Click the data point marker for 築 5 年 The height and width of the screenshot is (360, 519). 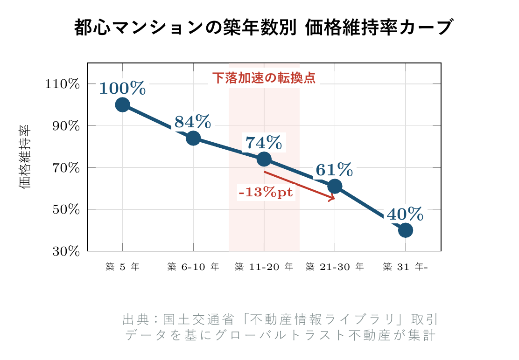coord(122,104)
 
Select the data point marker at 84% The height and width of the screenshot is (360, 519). coord(193,138)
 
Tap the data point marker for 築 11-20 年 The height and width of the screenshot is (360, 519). coord(264,159)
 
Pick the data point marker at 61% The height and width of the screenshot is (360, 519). coord(335,187)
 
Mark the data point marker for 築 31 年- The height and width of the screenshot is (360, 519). coord(406,230)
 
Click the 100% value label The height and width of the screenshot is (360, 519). coord(122,88)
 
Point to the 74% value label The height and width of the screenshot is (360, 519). coord(264,143)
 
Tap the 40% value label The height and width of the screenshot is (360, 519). coord(405,214)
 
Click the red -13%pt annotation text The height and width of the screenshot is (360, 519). coord(266,193)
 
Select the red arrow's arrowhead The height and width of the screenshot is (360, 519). coord(332,199)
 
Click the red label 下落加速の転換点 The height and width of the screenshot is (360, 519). coord(264,78)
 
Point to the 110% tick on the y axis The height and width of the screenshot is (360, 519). coord(63,84)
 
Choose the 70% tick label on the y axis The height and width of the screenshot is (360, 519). coord(65,168)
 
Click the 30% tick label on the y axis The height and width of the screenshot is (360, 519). coord(65,251)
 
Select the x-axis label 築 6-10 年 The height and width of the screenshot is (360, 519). coord(193,267)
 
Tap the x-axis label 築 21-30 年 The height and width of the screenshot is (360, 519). coord(335,267)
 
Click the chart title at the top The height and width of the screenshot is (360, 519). coord(264,28)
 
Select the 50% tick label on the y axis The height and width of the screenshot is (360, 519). coord(65,209)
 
